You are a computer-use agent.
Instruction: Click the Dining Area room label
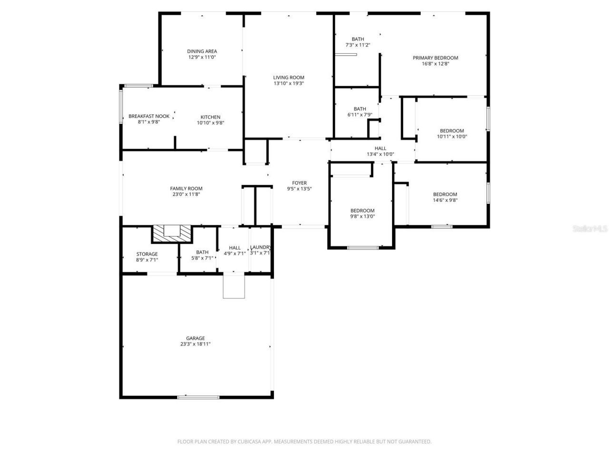pos(202,51)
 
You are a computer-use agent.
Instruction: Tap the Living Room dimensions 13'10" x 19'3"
pos(288,83)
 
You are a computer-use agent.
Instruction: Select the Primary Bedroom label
pos(435,58)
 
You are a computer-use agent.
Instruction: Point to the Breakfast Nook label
pos(149,116)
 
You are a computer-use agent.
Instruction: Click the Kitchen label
pos(210,117)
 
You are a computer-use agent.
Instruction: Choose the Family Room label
pos(186,189)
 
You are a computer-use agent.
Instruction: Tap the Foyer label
pos(299,183)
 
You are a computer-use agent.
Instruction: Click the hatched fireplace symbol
pos(172,233)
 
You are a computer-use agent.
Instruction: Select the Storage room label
pos(147,254)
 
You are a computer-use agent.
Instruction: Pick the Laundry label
pos(261,248)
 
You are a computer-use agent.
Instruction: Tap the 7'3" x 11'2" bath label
pos(358,42)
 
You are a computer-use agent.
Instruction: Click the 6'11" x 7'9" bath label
pos(360,112)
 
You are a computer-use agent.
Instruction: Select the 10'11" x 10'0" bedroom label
pos(452,134)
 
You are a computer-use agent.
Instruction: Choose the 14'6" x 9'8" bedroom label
pos(445,197)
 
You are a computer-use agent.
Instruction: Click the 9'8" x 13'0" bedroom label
pos(363,213)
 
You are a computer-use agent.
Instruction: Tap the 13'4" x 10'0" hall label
pos(380,151)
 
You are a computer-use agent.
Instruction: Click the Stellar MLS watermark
pos(590,229)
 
